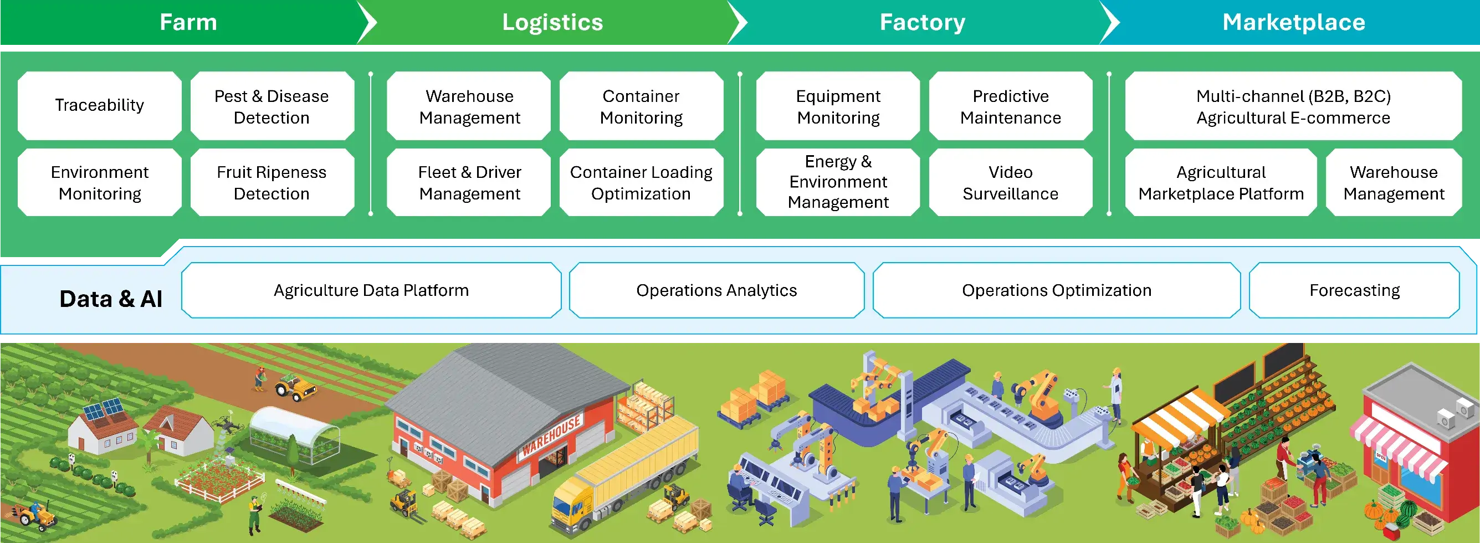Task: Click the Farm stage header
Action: pyautogui.click(x=188, y=22)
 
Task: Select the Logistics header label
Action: pyautogui.click(x=552, y=22)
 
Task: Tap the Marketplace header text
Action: pyautogui.click(x=1293, y=22)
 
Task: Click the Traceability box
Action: pyautogui.click(x=99, y=106)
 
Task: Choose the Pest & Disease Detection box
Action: pyautogui.click(x=272, y=106)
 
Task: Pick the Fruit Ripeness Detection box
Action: pyautogui.click(x=272, y=183)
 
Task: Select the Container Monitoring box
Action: pyautogui.click(x=641, y=106)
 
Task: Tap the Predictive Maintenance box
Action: pyautogui.click(x=1011, y=106)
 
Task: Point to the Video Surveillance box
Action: pyautogui.click(x=1011, y=183)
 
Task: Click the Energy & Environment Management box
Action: pyautogui.click(x=838, y=183)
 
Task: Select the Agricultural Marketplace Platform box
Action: pyautogui.click(x=1221, y=183)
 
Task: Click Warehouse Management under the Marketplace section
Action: pyautogui.click(x=1394, y=183)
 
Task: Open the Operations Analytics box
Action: pyautogui.click(x=716, y=290)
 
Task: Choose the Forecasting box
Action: pyautogui.click(x=1354, y=290)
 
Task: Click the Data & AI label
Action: pyautogui.click(x=111, y=299)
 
